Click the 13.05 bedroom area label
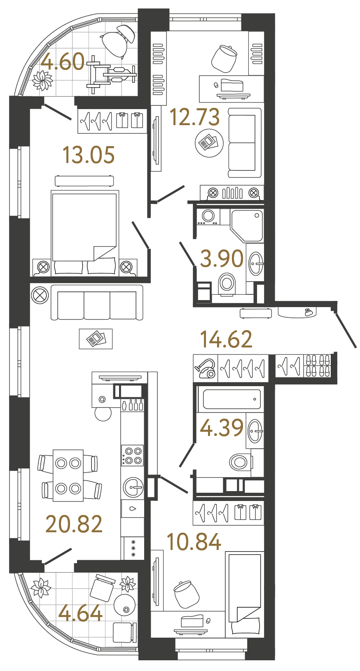[x=89, y=155]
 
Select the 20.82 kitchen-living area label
[x=74, y=524]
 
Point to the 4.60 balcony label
[x=63, y=62]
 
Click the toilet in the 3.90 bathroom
[x=226, y=284]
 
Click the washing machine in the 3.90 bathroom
[x=208, y=217]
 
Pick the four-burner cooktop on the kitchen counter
[x=132, y=455]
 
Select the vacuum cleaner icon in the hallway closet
[x=205, y=367]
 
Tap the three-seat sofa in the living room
[x=97, y=303]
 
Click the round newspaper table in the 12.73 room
[x=209, y=143]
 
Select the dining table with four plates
[x=68, y=475]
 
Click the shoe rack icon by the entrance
[x=319, y=366]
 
